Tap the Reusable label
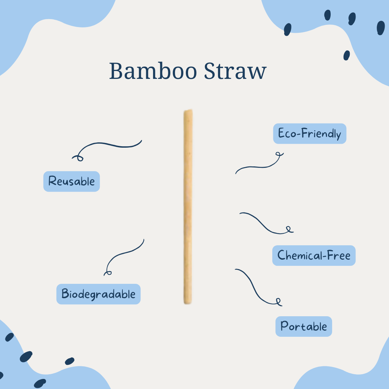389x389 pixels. pos(71,181)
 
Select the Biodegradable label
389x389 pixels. pos(98,294)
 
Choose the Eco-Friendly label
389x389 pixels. pos(309,134)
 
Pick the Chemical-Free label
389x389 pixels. pos(314,256)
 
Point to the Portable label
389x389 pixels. pos(304,327)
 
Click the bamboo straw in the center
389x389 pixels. pos(188,207)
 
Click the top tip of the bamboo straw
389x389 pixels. pos(188,112)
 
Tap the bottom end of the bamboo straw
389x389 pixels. pos(188,303)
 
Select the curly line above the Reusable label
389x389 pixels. pos(108,146)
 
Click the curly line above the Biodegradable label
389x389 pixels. pos(124,254)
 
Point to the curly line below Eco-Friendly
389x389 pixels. pos(259,165)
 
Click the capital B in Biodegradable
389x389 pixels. pos(65,294)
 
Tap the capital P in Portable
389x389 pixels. pos(284,327)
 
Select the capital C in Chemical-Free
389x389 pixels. pos(281,256)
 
